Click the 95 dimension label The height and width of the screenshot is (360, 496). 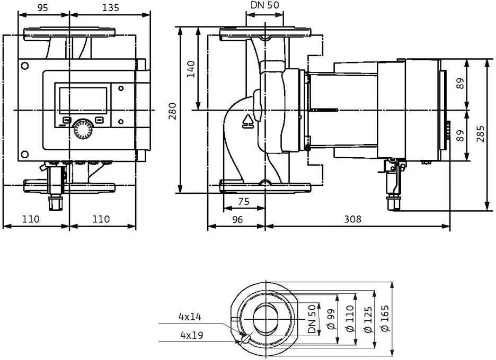coord(43,7)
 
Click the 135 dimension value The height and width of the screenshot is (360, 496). coord(111,7)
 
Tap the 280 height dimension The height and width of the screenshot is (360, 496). coord(172,111)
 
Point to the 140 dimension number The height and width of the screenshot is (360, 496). coord(190,69)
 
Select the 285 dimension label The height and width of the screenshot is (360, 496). coord(480,134)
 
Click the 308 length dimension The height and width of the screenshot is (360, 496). coord(352,219)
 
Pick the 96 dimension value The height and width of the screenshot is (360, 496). coord(237,219)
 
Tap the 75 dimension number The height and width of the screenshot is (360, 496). coord(244,201)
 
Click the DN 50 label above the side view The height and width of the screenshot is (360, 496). coord(265,5)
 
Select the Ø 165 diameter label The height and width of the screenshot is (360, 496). coord(385,318)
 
